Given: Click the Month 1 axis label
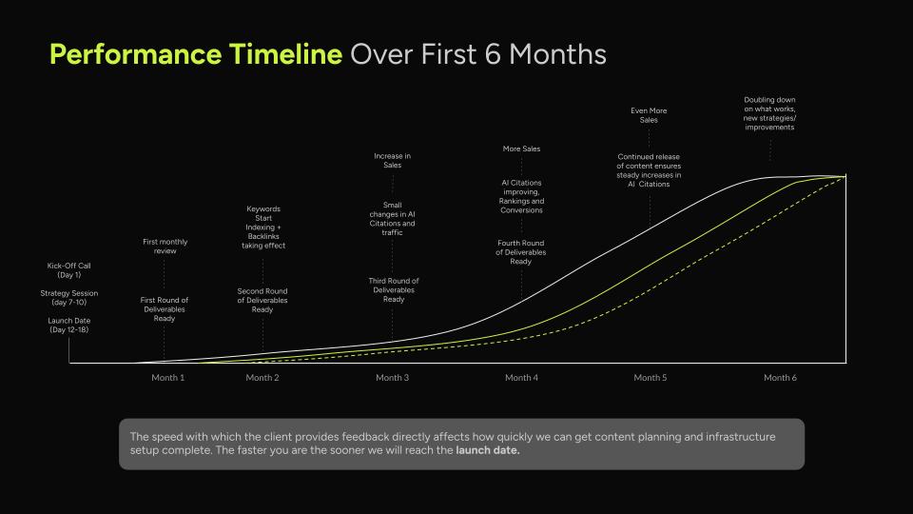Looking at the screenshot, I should click(168, 378).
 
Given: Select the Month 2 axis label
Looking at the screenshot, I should click(262, 378).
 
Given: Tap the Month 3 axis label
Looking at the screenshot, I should click(393, 378).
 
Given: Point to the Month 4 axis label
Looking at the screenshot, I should click(521, 378).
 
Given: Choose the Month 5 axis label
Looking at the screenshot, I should click(651, 378).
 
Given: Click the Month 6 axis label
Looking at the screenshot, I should click(780, 378).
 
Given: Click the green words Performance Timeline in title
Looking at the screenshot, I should click(195, 54).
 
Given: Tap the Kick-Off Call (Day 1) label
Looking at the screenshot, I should click(69, 270).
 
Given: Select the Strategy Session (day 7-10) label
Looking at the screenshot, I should click(69, 298).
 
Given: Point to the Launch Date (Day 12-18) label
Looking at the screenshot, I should click(69, 326).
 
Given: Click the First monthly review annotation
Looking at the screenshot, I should click(165, 247).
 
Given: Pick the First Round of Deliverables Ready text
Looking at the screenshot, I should click(165, 309).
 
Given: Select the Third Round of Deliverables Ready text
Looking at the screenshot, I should click(394, 290).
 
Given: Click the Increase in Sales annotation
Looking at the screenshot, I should click(393, 160).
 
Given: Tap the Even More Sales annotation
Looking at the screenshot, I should click(650, 115).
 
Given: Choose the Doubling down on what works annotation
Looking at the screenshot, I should click(770, 113).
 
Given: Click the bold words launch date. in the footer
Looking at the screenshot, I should click(488, 450).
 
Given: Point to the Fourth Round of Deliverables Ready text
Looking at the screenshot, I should click(521, 252).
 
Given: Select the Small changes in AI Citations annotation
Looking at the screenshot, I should click(393, 218).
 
